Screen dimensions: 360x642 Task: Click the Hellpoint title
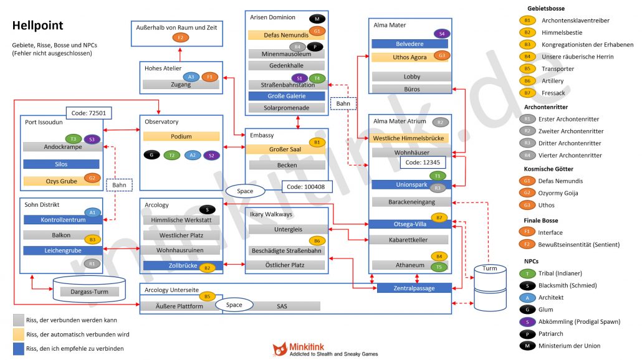coord(37,26)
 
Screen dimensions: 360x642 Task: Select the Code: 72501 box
coord(87,113)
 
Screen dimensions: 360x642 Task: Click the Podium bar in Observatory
coord(181,136)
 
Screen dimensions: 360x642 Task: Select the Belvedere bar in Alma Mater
coord(410,44)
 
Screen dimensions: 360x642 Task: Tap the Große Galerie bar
coord(287,96)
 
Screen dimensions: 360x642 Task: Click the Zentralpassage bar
coord(414,288)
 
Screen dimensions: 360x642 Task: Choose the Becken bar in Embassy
coord(287,165)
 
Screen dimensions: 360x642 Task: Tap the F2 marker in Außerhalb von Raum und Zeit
coord(180,37)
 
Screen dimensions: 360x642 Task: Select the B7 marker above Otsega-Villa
coord(440,218)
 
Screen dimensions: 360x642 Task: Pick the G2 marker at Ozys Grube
coord(92,178)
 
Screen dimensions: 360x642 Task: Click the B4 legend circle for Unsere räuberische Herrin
coord(527,57)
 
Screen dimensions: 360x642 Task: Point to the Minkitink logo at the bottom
coord(325,350)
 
